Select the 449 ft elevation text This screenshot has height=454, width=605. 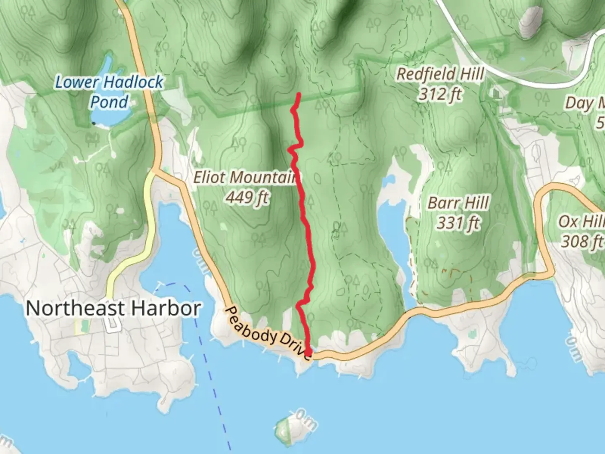247,197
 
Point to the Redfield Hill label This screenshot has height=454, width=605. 440,74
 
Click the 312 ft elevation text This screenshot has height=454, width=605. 439,94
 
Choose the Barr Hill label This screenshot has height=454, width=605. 458,203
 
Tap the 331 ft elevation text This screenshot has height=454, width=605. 458,223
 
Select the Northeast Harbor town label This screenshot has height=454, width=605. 113,308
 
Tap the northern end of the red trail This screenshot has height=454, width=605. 298,95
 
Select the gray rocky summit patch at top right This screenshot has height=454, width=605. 531,21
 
